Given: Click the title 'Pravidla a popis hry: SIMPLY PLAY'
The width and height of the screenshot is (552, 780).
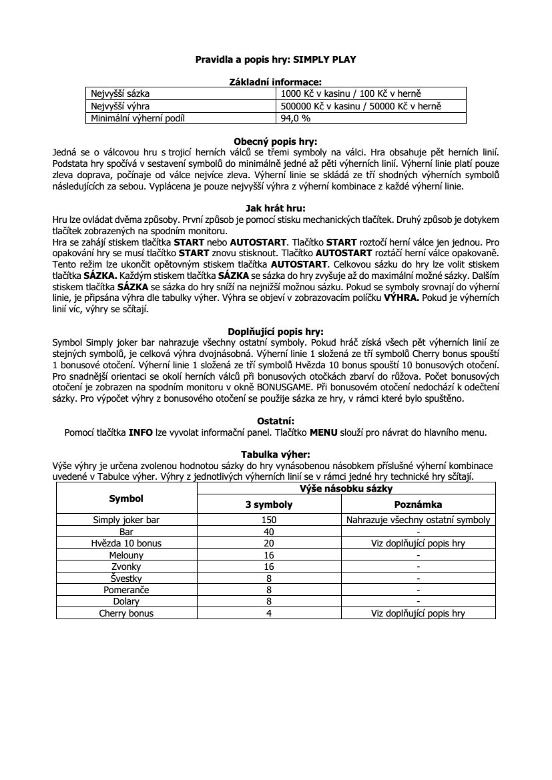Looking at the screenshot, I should (x=276, y=59).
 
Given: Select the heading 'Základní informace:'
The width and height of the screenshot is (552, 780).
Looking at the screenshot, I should (x=276, y=82).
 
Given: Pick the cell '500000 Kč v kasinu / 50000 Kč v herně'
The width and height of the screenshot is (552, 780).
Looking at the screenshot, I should (x=361, y=106).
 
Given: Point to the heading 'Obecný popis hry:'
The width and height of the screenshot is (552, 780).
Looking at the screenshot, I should (x=276, y=141).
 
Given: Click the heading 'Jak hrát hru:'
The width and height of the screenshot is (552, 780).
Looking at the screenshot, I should (x=276, y=208).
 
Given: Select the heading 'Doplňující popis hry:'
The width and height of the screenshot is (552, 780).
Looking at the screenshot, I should (x=276, y=331).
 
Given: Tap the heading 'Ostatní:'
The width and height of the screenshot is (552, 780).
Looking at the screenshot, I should (x=276, y=420).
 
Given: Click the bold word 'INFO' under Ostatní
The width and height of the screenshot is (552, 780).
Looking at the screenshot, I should (x=141, y=432).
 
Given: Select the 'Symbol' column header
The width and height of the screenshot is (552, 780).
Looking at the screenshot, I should (x=126, y=498).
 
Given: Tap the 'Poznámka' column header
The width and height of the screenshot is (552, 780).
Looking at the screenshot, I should (x=418, y=504).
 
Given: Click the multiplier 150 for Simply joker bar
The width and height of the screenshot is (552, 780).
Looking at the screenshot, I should (x=269, y=520).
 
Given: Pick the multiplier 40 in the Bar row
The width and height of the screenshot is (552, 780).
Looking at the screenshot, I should (x=269, y=532).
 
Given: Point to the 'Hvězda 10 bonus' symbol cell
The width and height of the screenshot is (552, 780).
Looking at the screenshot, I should (x=126, y=543).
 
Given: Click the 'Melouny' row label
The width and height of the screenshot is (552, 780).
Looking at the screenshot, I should (x=126, y=555).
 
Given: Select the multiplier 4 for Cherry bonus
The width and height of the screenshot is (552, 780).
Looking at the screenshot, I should (x=269, y=613).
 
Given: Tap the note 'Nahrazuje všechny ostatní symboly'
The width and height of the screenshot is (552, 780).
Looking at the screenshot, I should (x=418, y=520).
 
